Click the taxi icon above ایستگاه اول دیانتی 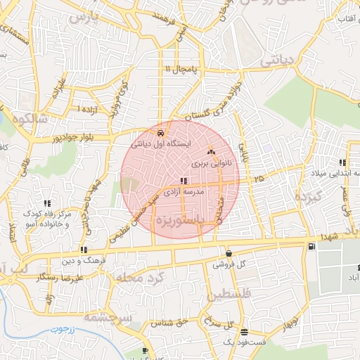click(x=161, y=133)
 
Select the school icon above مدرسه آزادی click(x=184, y=181)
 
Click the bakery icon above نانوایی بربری click(x=211, y=151)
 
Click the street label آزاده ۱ click(x=87, y=110)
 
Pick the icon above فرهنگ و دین click(x=84, y=250)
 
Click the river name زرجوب click(x=62, y=329)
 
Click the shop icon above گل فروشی click(x=229, y=254)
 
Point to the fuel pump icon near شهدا click(x=311, y=247)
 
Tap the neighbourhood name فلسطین click(x=231, y=295)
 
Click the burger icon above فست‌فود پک click(x=243, y=332)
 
